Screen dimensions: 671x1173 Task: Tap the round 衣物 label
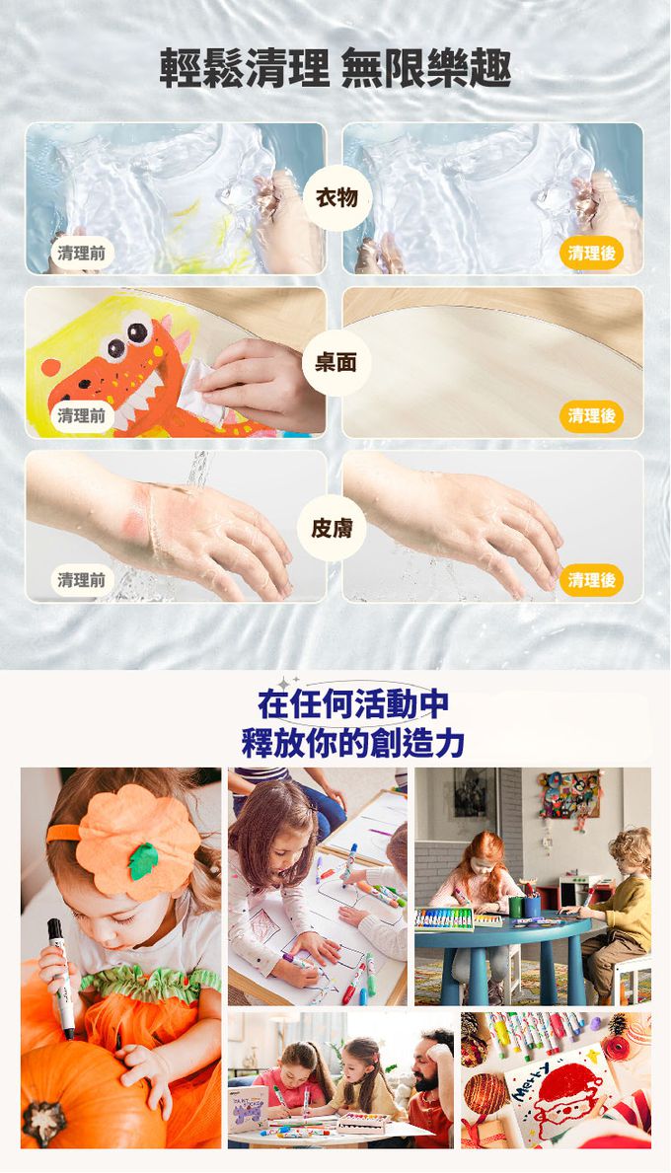click(x=336, y=198)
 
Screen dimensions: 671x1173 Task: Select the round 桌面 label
click(x=336, y=363)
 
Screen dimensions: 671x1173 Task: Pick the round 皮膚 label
click(x=333, y=528)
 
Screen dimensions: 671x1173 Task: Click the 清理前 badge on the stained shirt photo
click(x=82, y=253)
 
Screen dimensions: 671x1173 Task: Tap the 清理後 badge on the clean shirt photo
click(x=591, y=253)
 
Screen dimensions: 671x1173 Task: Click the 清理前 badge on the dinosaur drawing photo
click(x=82, y=416)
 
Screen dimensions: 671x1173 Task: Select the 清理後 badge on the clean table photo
click(x=591, y=416)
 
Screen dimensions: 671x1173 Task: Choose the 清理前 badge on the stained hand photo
click(x=82, y=580)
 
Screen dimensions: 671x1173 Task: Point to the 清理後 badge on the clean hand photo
click(x=591, y=580)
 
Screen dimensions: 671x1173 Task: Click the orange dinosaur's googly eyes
click(x=126, y=338)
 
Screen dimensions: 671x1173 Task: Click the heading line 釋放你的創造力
click(x=353, y=742)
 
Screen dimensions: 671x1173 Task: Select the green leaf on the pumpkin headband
click(x=143, y=859)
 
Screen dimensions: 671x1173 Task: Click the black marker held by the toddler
click(x=60, y=977)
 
